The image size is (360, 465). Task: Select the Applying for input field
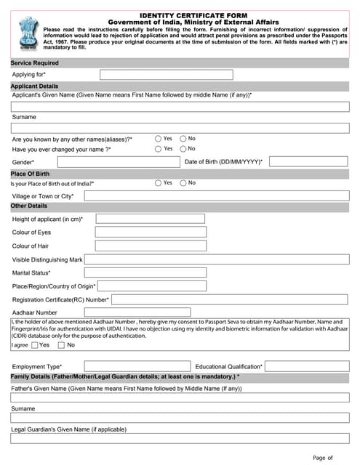point(166,75)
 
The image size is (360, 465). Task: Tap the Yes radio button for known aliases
point(159,138)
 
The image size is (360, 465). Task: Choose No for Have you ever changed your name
point(183,149)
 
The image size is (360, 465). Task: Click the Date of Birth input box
point(308,161)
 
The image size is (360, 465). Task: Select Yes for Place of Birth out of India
point(159,183)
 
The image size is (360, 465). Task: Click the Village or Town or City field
point(217,196)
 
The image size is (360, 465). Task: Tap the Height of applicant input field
point(150,219)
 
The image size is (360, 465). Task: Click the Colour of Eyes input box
point(150,232)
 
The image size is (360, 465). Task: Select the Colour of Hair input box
point(150,246)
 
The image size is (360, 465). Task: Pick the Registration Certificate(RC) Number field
point(230,299)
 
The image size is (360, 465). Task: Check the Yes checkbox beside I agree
point(34,345)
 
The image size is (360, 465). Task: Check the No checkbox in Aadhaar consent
point(61,345)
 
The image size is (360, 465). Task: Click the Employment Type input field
point(128,366)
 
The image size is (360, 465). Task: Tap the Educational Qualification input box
point(308,366)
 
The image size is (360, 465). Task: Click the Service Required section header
point(35,63)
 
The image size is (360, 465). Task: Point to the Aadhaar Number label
point(34,312)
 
